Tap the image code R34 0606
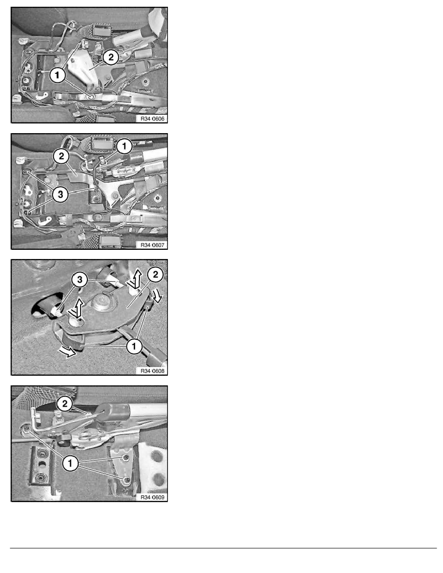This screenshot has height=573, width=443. tap(152, 118)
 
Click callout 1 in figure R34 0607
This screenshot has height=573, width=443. tap(125, 144)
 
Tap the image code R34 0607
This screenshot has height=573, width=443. tap(152, 245)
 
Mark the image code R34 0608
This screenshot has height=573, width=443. tap(152, 370)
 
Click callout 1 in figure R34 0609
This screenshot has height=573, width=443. tap(70, 464)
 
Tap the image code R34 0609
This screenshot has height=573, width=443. tap(152, 497)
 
